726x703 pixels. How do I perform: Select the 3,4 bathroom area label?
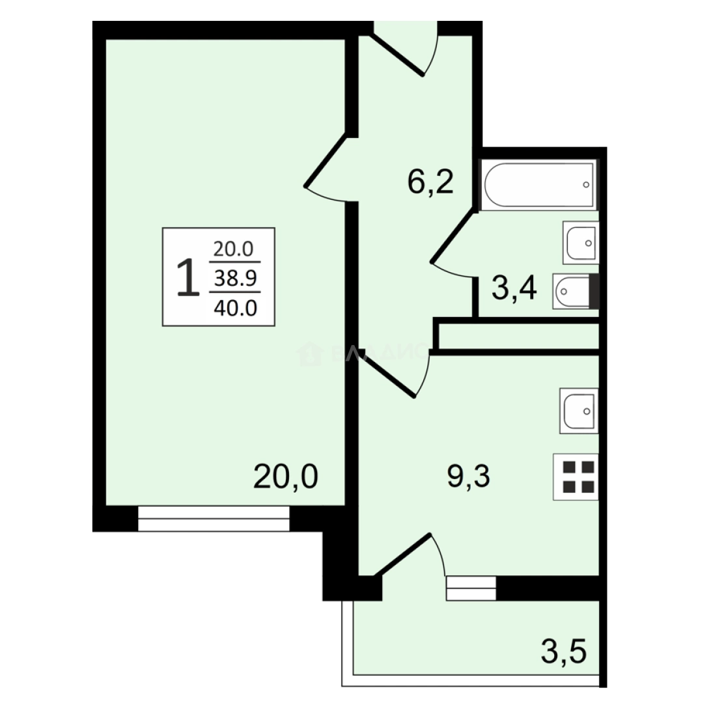(x=514, y=289)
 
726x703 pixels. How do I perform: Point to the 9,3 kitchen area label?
(x=468, y=478)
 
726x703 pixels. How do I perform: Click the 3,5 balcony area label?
(x=564, y=651)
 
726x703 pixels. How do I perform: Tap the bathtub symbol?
(x=539, y=185)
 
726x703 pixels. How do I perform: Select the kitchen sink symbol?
(x=578, y=411)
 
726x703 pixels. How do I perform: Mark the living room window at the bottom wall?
(x=214, y=519)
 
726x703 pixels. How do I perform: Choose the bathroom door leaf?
(x=453, y=235)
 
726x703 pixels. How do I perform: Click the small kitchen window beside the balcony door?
(x=471, y=588)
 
